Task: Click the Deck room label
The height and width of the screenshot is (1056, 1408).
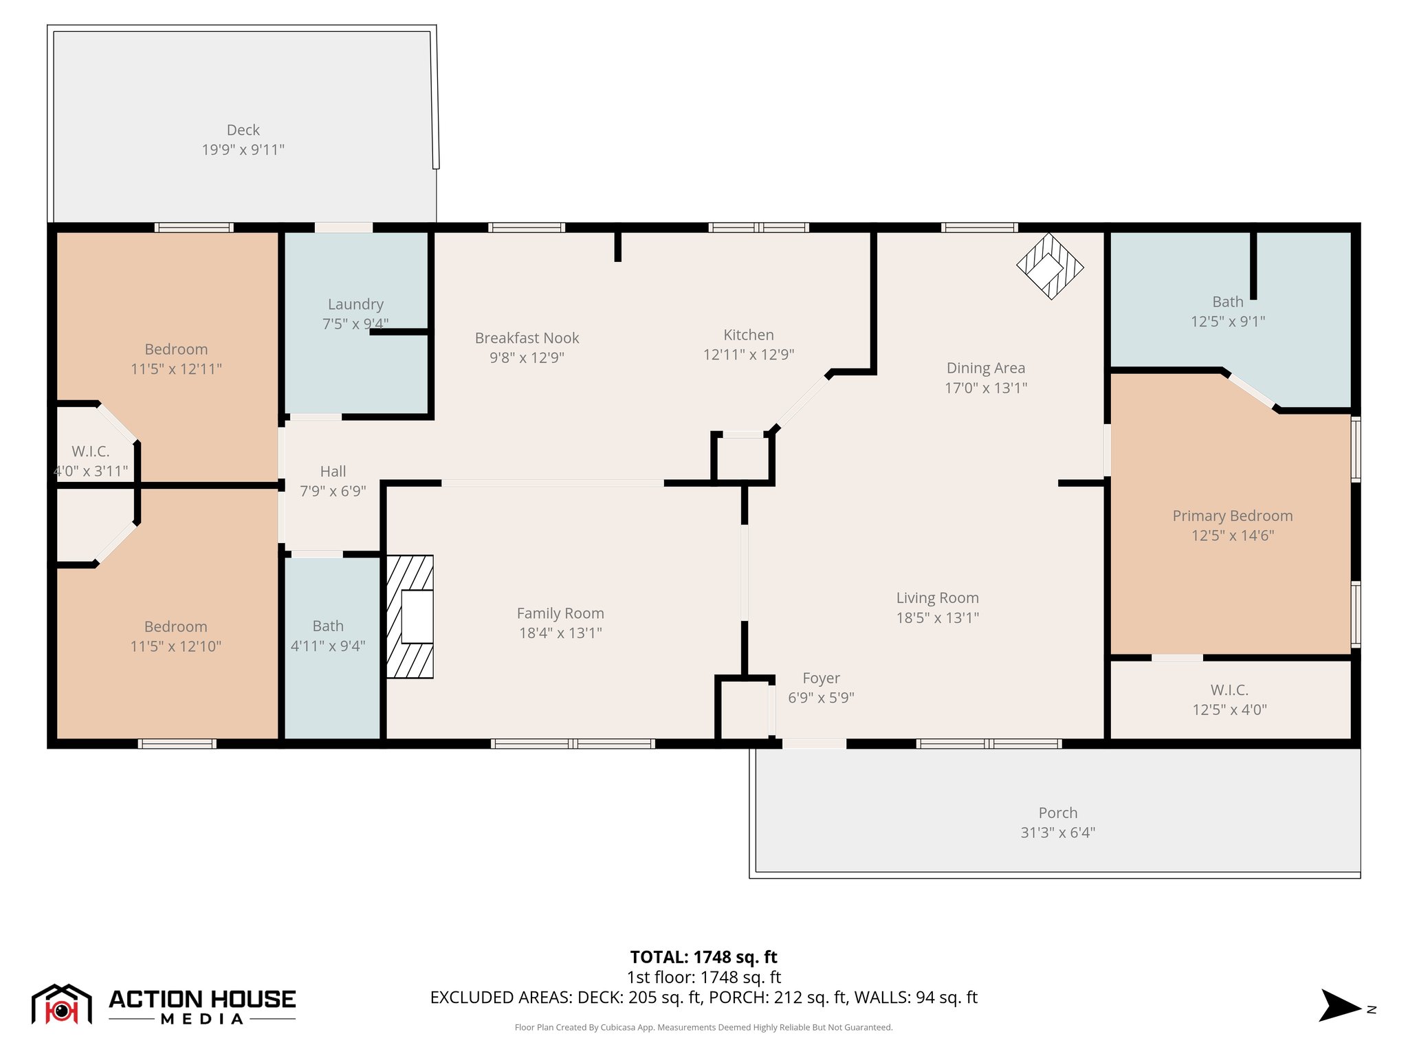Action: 243,130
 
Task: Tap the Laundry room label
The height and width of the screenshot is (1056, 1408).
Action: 355,304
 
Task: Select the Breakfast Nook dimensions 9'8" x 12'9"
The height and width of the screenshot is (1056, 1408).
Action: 527,357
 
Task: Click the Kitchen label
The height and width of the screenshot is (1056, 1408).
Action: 748,335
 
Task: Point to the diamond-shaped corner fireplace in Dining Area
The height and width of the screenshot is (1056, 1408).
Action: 1049,267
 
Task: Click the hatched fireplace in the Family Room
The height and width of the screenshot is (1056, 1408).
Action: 410,617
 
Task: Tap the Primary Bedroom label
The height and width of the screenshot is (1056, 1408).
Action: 1232,516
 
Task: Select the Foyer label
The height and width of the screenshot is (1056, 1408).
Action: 821,678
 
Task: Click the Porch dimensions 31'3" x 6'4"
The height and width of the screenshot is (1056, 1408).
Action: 1057,833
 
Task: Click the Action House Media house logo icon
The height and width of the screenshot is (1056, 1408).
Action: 62,1004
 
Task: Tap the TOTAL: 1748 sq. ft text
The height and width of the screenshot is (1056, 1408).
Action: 703,957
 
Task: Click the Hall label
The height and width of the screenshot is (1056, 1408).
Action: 333,472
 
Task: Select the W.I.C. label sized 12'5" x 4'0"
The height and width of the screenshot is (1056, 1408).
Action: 1229,690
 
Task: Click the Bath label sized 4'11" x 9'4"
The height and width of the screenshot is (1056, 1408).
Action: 328,626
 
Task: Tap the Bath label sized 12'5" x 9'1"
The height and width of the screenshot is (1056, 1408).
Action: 1228,302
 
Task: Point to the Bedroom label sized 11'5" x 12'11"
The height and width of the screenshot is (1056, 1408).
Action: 176,349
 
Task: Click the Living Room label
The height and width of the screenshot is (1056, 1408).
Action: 937,598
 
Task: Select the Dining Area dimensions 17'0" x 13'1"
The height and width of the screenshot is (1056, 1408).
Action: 985,388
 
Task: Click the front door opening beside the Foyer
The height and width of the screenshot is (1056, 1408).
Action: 814,744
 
